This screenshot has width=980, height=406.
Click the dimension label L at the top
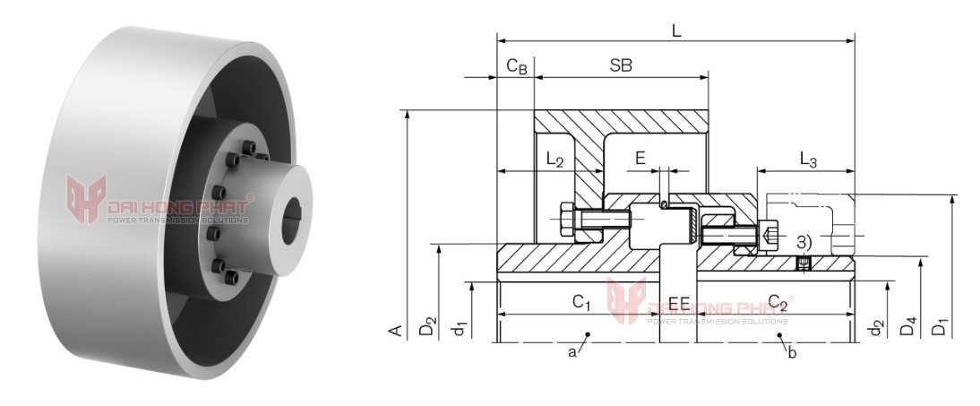676,30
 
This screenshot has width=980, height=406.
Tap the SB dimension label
621,65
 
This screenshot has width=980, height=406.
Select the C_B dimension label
517,65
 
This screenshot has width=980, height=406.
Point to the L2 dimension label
554,160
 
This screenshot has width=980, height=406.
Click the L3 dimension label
808,160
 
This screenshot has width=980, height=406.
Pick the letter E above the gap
640,157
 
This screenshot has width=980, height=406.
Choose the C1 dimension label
581,302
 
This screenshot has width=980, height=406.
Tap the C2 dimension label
778,302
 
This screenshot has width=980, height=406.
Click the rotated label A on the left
396,330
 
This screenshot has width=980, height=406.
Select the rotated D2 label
427,326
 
